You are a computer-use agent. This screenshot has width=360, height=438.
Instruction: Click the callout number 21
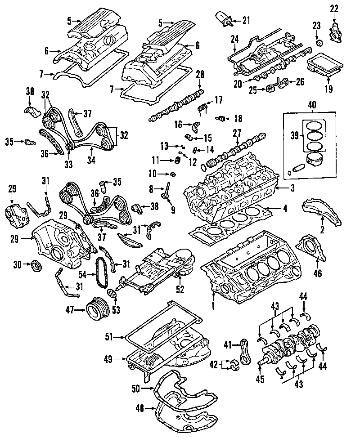click(246, 20)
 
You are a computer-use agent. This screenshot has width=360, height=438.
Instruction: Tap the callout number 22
click(334, 9)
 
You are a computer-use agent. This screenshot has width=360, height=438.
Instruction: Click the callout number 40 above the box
click(312, 105)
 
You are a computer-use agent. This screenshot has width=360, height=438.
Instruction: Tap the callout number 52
click(180, 289)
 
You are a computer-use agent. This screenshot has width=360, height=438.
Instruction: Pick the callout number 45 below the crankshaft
click(260, 379)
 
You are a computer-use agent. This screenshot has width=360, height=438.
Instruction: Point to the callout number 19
click(328, 89)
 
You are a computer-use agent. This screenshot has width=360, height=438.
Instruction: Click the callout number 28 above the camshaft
click(200, 75)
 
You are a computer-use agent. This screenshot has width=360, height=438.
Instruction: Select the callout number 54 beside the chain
click(82, 275)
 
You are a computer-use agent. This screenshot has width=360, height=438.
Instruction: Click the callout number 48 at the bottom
click(139, 409)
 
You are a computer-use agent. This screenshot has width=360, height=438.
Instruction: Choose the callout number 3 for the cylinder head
click(292, 188)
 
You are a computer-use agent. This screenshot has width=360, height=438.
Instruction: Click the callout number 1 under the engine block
click(213, 305)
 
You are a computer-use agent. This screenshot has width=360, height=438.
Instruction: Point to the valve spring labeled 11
click(177, 161)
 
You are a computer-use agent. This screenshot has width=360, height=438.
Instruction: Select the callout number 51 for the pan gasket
click(109, 337)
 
